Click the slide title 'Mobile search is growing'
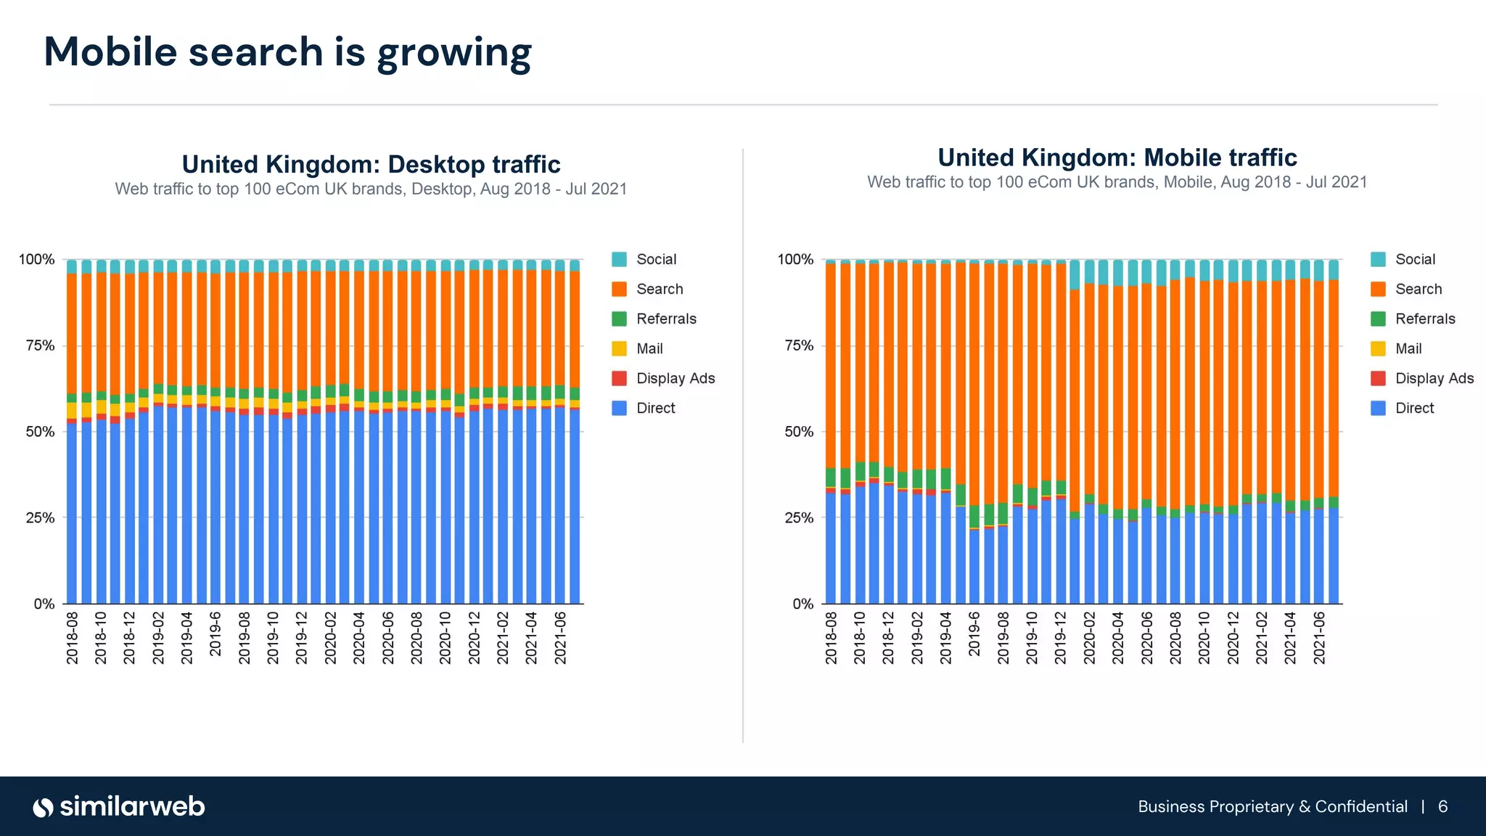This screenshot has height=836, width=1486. tap(287, 52)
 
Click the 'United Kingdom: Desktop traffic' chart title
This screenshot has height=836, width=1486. tap(371, 164)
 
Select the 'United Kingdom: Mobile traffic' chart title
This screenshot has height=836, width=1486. tap(1117, 157)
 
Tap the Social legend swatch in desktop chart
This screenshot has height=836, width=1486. tap(619, 259)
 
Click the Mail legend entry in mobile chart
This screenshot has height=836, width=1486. tap(1408, 348)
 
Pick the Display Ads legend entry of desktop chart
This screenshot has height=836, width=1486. tap(675, 378)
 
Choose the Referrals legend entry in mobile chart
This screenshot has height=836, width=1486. tap(1424, 319)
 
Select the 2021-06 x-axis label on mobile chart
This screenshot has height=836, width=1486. tap(1319, 637)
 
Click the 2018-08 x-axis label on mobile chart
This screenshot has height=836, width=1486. tap(831, 637)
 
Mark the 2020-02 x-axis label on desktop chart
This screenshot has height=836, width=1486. tap(330, 637)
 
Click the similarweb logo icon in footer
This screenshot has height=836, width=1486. tap(44, 807)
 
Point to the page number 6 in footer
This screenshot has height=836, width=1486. tap(1442, 807)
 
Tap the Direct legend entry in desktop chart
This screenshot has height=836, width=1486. tap(655, 408)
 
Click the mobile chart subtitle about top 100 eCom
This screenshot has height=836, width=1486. tap(1117, 182)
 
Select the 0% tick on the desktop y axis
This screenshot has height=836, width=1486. tap(44, 604)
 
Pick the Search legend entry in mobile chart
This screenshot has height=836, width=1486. tap(1418, 289)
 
